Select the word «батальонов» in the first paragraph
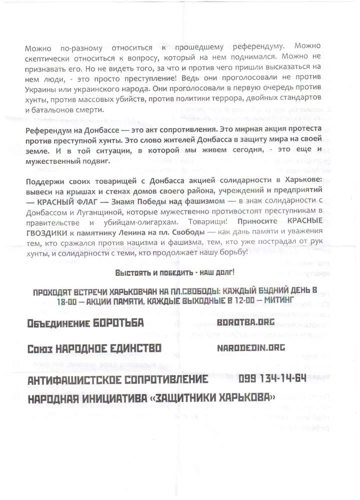[x=56, y=110]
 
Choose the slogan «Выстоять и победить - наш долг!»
[x=174, y=273]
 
